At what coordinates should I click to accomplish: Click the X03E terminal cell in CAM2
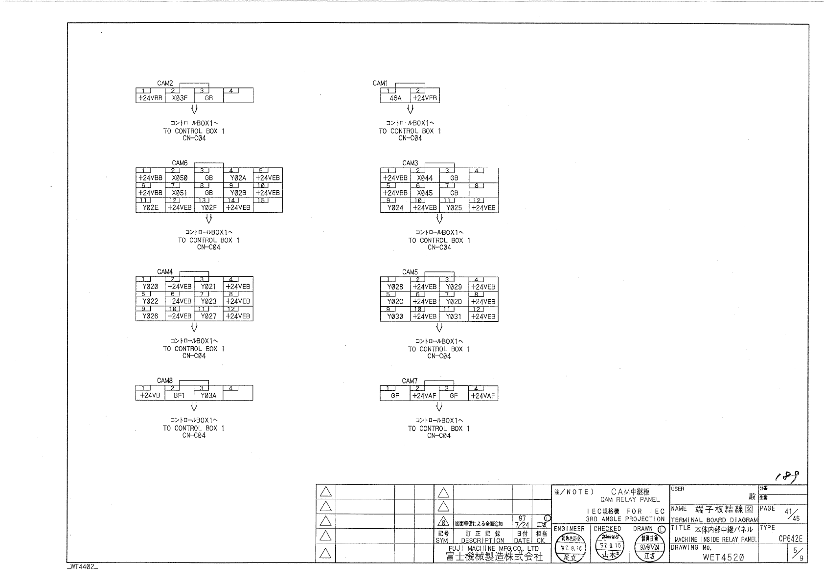click(x=180, y=98)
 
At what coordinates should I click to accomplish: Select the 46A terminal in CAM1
click(x=395, y=98)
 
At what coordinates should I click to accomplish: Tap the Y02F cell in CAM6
click(x=209, y=207)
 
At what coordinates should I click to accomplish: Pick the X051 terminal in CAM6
click(x=180, y=193)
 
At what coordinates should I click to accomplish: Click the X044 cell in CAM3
click(x=425, y=178)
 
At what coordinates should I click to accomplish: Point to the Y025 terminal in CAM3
click(x=454, y=207)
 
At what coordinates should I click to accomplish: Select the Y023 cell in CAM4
click(x=209, y=301)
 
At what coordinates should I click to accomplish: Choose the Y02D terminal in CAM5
click(x=454, y=302)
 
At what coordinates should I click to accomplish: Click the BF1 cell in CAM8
click(x=180, y=395)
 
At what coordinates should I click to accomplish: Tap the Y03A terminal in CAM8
click(x=209, y=395)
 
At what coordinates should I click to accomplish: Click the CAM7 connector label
click(x=410, y=381)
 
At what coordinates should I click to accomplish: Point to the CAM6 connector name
click(x=180, y=163)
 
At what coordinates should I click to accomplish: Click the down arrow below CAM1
click(x=410, y=109)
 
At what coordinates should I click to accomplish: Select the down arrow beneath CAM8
click(x=194, y=406)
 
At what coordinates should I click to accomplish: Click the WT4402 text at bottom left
click(x=82, y=567)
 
